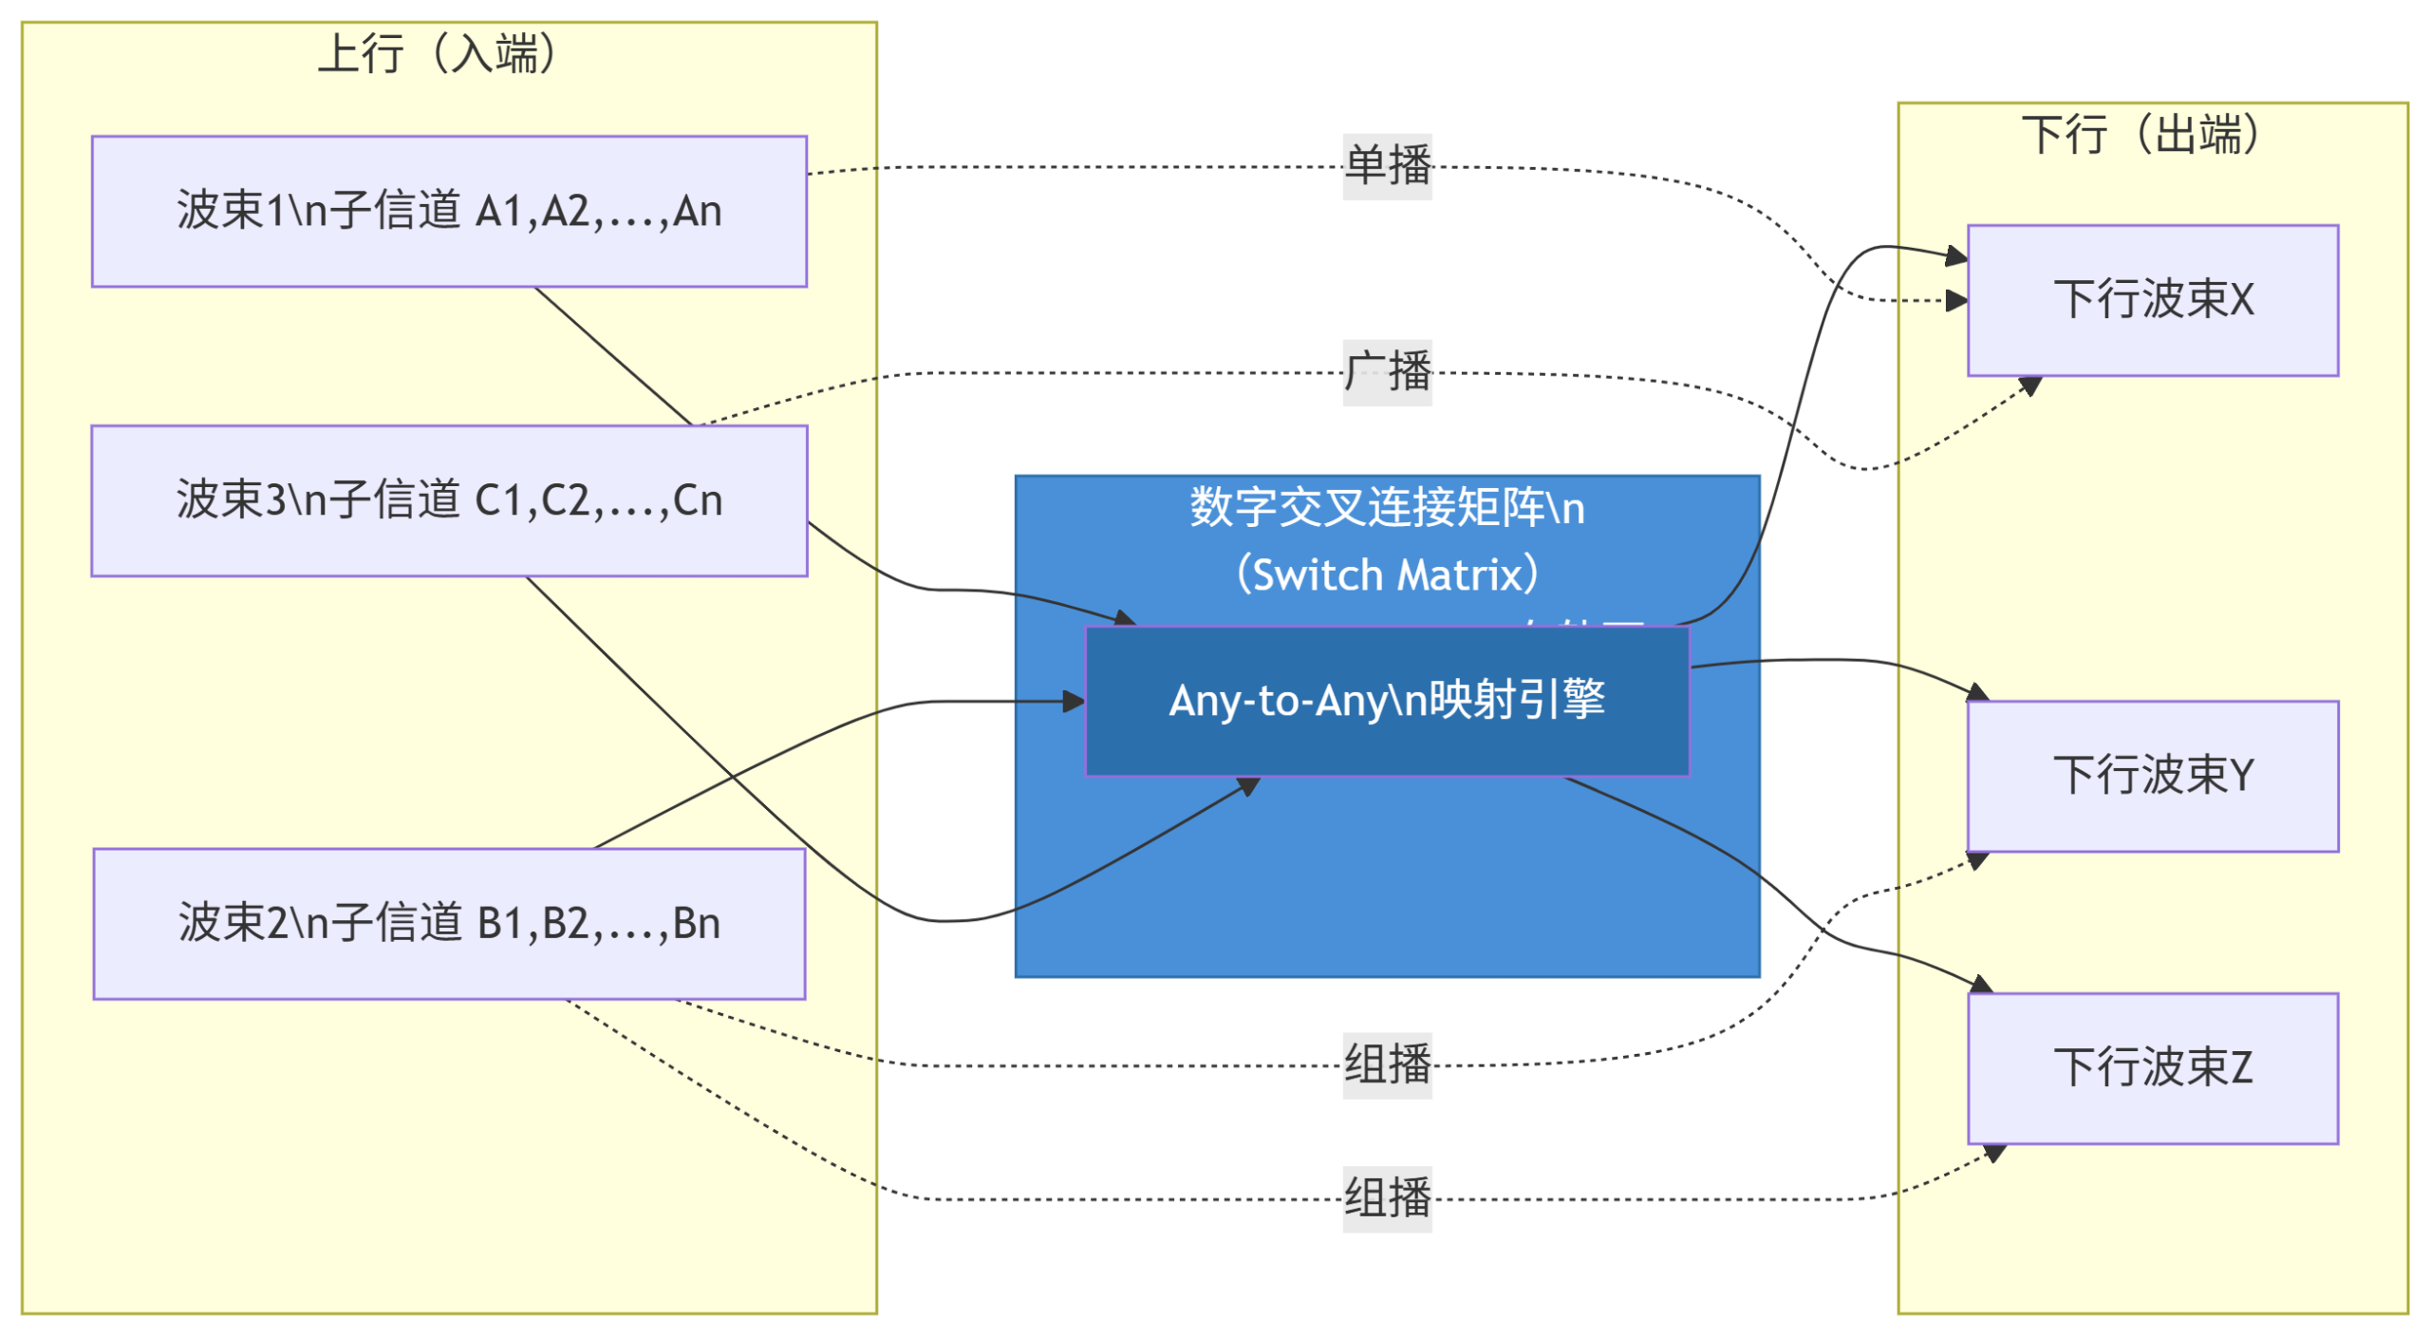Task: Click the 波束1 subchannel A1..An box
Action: [x=449, y=211]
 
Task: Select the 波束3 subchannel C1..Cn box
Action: [x=449, y=500]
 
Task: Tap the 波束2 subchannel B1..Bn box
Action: [x=449, y=923]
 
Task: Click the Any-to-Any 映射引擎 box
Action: [x=1387, y=701]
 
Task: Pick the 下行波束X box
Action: [x=2152, y=300]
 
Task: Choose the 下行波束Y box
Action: [x=2152, y=776]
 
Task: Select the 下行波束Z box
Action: [x=2152, y=1067]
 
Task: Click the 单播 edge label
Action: [x=1387, y=166]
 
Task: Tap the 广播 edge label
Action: [x=1387, y=372]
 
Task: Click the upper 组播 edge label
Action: [x=1387, y=1064]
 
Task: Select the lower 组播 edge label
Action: [x=1387, y=1198]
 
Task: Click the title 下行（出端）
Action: [x=2141, y=134]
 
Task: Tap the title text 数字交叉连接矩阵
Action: [x=1367, y=507]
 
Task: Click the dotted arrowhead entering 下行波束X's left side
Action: [x=1957, y=301]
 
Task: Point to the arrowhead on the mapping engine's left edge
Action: [x=1075, y=702]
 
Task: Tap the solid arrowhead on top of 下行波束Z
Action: [x=1981, y=984]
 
